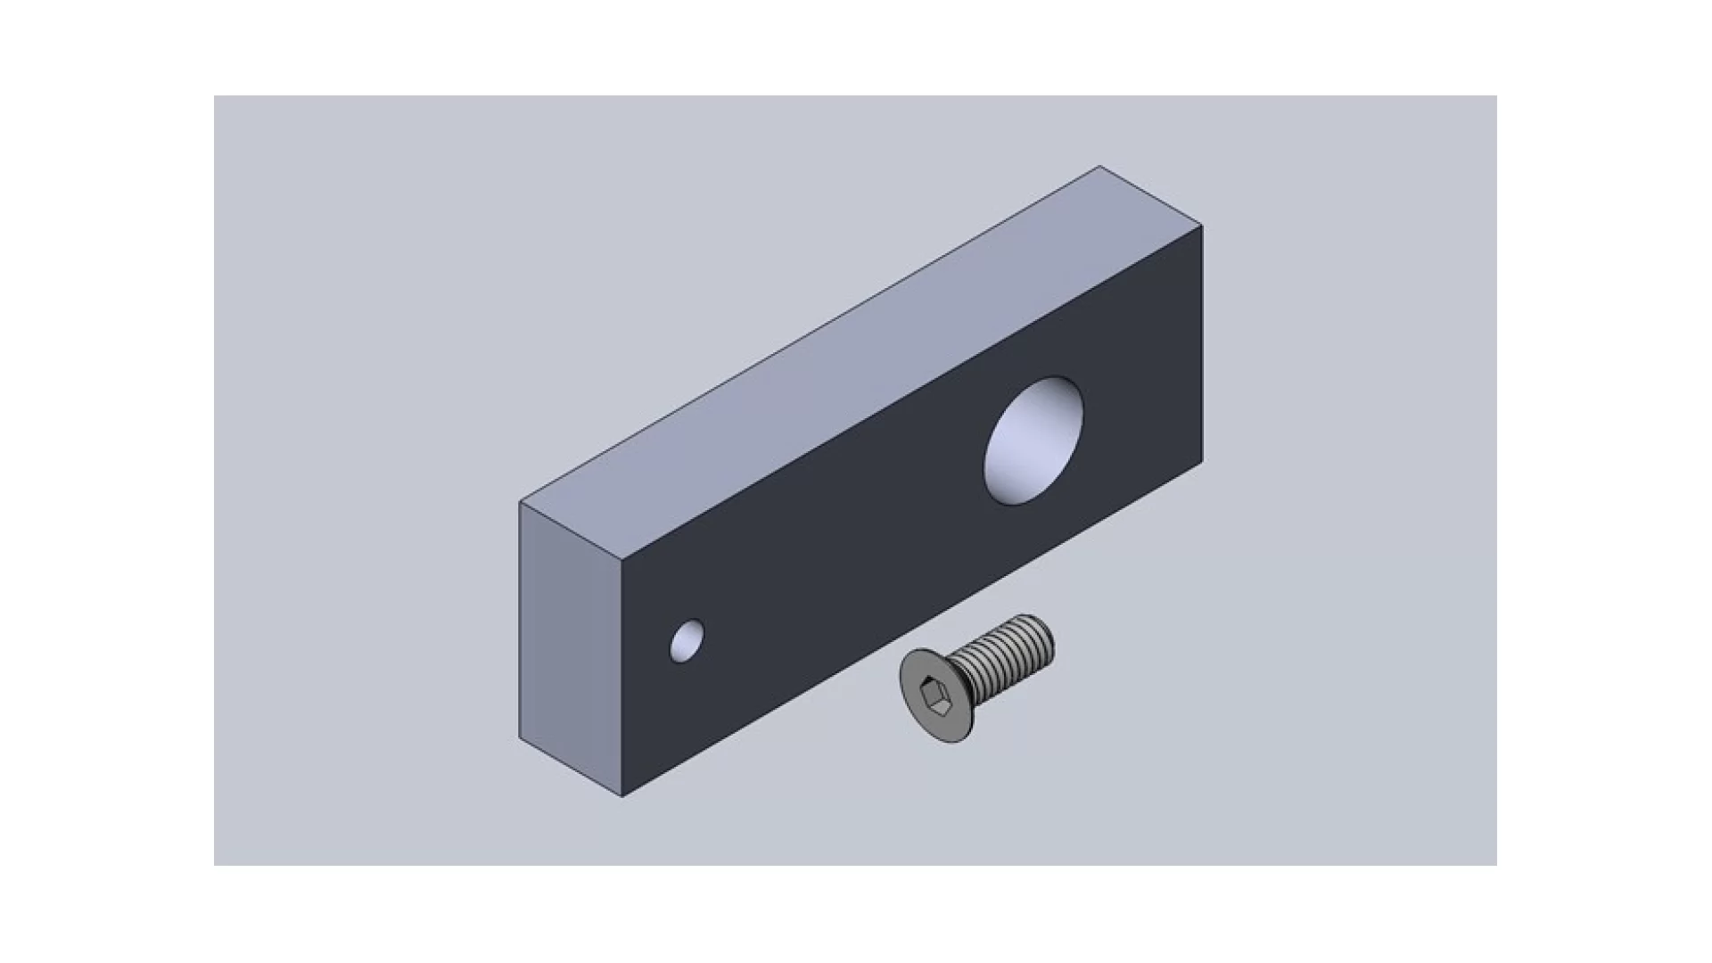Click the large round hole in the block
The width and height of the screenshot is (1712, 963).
(x=1034, y=440)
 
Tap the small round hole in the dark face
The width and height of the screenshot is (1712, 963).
(x=687, y=641)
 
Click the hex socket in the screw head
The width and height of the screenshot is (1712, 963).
(x=934, y=691)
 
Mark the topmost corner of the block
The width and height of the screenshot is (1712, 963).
(x=1099, y=166)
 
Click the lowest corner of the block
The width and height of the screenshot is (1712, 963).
(x=621, y=796)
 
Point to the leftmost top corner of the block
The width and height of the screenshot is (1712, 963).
(x=520, y=502)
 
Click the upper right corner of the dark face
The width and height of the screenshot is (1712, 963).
(x=1202, y=226)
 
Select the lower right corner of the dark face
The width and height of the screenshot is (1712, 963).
(x=1202, y=463)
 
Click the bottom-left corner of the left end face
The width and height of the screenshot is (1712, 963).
(x=520, y=738)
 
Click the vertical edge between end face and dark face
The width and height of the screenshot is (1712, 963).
(x=621, y=678)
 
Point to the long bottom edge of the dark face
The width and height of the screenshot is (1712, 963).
(x=909, y=630)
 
